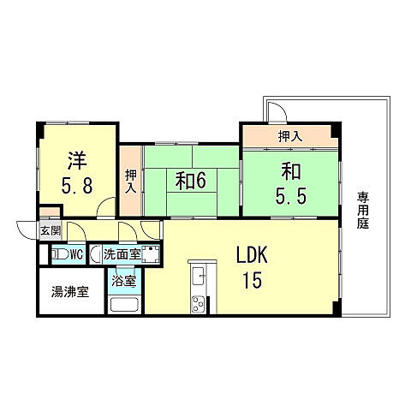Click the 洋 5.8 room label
click(77, 173)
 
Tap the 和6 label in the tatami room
click(190, 181)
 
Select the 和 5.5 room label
click(291, 182)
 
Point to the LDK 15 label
click(253, 267)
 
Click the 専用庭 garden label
click(363, 211)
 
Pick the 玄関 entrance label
click(51, 230)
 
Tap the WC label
click(76, 254)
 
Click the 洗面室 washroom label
click(122, 254)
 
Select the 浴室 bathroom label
click(123, 281)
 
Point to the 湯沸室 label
click(70, 292)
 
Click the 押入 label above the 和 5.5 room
click(290, 136)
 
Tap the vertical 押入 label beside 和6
click(131, 181)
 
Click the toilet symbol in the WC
click(60, 254)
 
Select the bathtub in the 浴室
click(124, 305)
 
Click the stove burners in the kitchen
click(198, 304)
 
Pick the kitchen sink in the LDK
click(199, 276)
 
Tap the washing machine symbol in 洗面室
click(151, 254)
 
